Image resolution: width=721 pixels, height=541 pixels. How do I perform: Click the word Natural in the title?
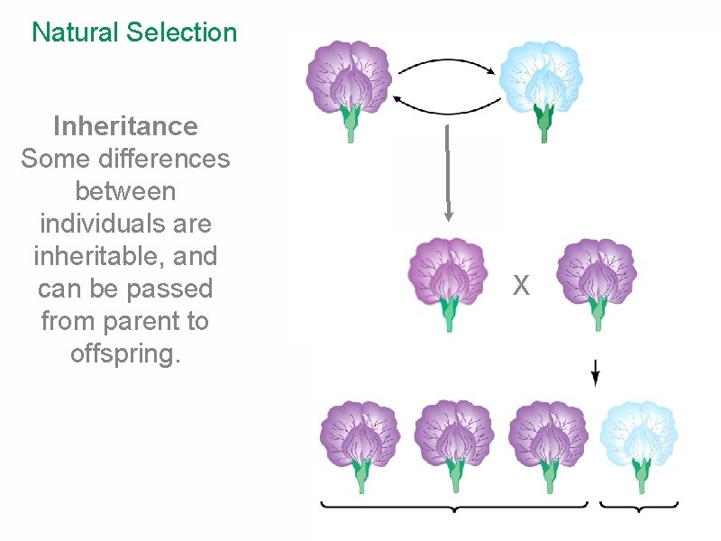click(76, 33)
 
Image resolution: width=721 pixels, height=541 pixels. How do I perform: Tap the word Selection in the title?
click(182, 33)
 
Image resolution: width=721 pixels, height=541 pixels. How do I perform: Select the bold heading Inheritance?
click(125, 125)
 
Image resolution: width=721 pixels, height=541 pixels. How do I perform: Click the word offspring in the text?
click(125, 354)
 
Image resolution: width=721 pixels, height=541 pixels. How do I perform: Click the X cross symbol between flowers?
click(521, 287)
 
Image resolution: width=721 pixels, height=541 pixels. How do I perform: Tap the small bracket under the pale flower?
click(639, 508)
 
